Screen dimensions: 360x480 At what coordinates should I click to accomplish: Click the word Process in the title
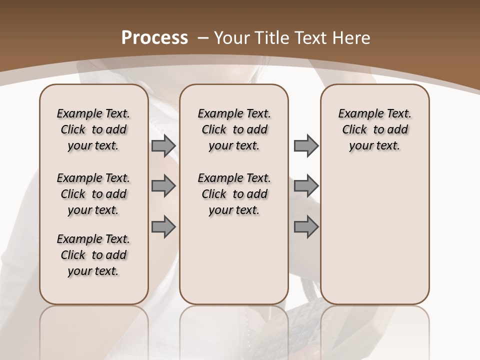pos(154,37)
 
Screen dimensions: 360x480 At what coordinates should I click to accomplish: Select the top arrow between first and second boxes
pos(163,145)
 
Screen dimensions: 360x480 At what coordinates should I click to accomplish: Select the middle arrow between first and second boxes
pos(163,186)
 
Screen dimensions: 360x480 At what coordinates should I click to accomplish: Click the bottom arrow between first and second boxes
pos(163,227)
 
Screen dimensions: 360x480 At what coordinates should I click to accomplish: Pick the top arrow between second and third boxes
pos(306,145)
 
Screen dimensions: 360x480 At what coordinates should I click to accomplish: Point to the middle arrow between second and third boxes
pos(306,186)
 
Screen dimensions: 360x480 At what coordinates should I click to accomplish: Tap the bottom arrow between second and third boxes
pos(306,227)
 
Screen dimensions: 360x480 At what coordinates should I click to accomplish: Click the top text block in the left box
pos(93,129)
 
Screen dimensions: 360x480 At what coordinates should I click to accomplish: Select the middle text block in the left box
pos(93,194)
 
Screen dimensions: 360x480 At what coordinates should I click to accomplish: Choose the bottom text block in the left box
pos(93,255)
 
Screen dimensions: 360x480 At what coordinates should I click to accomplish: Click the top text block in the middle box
pos(234,129)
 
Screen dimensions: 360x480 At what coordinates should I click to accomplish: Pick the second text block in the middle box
pos(234,194)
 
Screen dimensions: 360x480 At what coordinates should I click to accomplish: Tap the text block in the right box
pos(375,129)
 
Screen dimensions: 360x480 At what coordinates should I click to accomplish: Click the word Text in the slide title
pos(311,37)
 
